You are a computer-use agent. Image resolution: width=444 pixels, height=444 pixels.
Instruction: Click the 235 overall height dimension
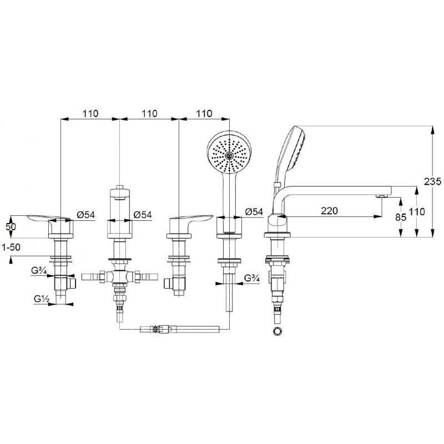[x=432, y=181]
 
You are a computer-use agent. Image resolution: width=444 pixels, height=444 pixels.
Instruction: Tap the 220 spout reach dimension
[x=329, y=211]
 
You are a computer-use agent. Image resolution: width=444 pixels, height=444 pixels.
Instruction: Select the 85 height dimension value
[x=400, y=218]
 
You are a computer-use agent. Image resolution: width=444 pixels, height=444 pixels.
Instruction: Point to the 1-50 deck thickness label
[x=11, y=247]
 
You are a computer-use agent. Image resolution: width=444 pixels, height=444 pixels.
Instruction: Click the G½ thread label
[x=42, y=299]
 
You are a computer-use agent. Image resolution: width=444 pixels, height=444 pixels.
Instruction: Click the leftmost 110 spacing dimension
[x=90, y=114]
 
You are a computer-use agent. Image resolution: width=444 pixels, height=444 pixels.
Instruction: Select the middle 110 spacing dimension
[x=149, y=114]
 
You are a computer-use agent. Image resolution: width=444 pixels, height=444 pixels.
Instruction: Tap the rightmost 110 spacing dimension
[x=204, y=114]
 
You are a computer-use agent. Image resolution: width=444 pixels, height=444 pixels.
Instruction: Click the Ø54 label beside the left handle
[x=85, y=215]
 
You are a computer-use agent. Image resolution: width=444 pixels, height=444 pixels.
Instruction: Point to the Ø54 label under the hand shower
[x=254, y=211]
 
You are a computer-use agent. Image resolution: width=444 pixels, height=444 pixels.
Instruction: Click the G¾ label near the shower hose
[x=252, y=279]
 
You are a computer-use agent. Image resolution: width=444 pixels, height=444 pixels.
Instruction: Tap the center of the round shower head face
[x=229, y=155]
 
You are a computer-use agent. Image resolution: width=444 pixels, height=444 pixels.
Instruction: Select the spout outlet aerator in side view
[x=382, y=196]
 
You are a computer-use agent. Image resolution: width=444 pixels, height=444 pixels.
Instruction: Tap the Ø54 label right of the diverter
[x=143, y=215]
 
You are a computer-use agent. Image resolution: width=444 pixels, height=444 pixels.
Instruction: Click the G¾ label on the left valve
[x=39, y=271]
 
